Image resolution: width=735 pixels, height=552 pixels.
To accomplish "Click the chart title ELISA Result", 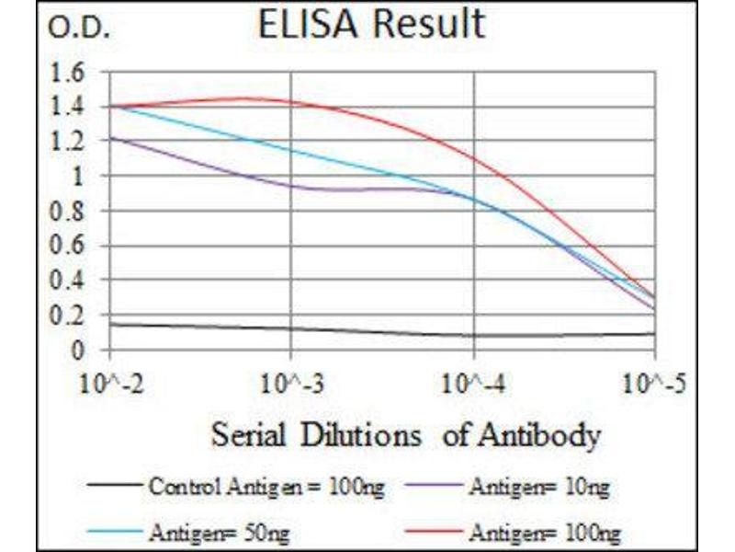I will coord(371,24).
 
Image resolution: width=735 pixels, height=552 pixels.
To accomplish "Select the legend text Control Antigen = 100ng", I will coord(267,487).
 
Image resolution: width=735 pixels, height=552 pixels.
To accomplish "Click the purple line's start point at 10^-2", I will coord(110,138).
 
